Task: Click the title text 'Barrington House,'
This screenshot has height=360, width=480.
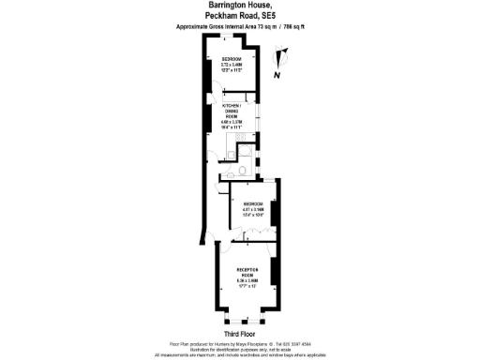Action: pos(240,6)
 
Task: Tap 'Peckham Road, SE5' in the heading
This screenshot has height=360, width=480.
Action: pos(240,16)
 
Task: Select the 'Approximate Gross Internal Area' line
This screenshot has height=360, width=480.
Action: pos(240,27)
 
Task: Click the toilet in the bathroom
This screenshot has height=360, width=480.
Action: pos(241,171)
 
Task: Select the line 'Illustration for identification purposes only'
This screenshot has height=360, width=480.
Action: pos(240,350)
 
